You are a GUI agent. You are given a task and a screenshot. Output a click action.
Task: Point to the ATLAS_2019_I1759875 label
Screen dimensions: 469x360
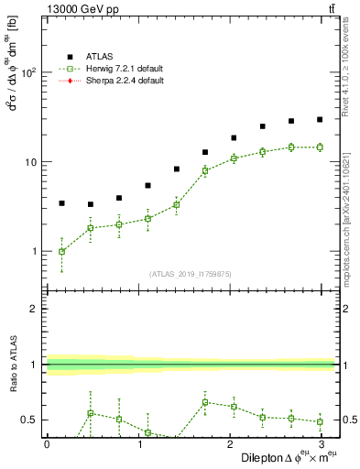click(x=191, y=273)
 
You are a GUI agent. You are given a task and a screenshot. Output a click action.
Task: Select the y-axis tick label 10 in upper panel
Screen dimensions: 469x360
click(x=31, y=162)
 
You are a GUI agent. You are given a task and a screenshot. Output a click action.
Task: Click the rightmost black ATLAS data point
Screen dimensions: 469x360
click(x=320, y=119)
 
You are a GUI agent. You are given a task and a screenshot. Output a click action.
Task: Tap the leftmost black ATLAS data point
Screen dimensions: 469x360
click(x=61, y=203)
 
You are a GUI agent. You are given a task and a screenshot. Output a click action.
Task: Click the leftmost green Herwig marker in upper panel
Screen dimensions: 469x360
click(x=61, y=251)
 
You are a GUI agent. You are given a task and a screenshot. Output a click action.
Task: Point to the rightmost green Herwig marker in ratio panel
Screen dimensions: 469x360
click(x=320, y=421)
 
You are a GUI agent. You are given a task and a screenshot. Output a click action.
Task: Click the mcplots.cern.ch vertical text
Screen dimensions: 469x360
click(x=351, y=212)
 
